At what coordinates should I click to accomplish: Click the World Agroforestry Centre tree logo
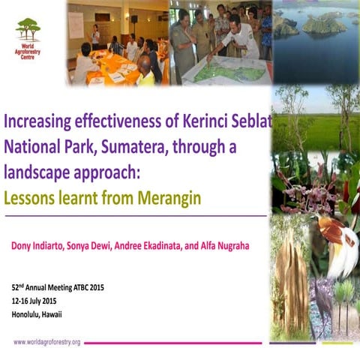tap(28, 29)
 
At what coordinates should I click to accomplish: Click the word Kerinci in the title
tap(197, 121)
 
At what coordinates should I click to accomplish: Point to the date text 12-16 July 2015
tap(40, 300)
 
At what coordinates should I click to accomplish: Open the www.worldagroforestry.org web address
tap(47, 342)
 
